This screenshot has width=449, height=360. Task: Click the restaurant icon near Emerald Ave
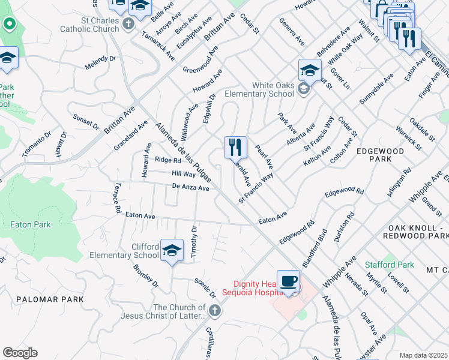pyautogui.click(x=235, y=147)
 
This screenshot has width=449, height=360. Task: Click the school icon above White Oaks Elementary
pyautogui.click(x=310, y=70)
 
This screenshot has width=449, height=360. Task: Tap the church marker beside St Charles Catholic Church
pyautogui.click(x=128, y=23)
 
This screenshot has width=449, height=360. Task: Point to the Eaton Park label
pyautogui.click(x=31, y=224)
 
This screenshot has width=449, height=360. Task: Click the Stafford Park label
pyautogui.click(x=390, y=265)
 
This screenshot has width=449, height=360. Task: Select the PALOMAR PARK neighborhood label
pyautogui.click(x=50, y=299)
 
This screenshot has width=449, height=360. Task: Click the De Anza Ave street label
pyautogui.click(x=190, y=188)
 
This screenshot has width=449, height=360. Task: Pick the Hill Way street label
pyautogui.click(x=184, y=174)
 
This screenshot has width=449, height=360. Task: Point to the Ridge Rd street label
pyautogui.click(x=167, y=160)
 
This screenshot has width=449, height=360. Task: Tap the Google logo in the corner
pyautogui.click(x=20, y=353)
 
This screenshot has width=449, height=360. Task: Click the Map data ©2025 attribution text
pyautogui.click(x=423, y=355)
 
